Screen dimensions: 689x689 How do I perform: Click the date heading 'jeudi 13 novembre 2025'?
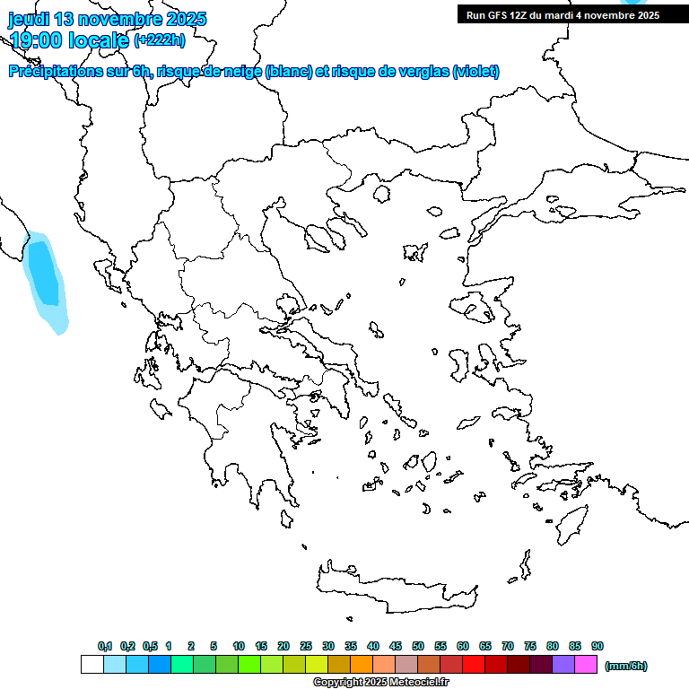[108, 19]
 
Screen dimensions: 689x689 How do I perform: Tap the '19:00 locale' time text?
[69, 39]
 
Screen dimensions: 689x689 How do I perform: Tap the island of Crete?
[395, 589]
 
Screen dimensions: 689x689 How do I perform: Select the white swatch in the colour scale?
[92, 665]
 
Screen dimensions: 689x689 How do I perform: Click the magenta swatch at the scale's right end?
[586, 665]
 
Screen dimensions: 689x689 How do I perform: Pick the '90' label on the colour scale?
[597, 646]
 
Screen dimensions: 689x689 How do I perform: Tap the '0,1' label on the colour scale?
[105, 646]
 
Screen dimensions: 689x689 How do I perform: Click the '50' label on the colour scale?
[418, 646]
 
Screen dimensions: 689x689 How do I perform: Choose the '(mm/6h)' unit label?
[626, 666]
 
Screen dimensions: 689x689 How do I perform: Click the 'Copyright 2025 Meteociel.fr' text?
[380, 682]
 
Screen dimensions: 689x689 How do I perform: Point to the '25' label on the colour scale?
[306, 646]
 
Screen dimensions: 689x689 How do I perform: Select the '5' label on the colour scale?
[214, 646]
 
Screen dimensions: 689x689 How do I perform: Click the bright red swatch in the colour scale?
[473, 665]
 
